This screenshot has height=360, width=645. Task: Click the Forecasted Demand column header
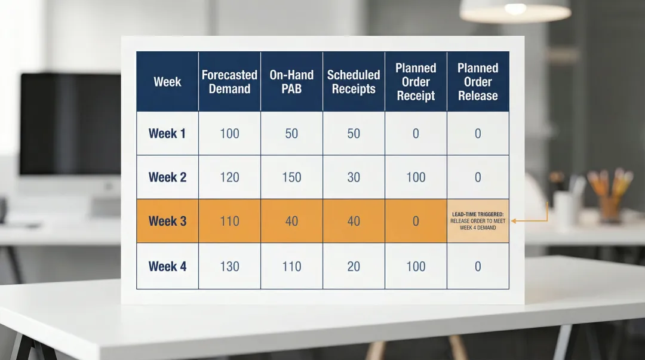229,82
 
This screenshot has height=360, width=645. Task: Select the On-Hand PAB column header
291,82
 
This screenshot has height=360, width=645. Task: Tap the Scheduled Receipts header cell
354,82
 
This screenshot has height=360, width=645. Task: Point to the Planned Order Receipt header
416,82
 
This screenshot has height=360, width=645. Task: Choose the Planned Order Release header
478,82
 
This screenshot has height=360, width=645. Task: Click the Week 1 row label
167,134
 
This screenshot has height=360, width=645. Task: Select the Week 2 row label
167,177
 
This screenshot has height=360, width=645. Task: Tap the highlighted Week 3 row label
167,221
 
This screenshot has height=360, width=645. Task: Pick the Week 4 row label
167,266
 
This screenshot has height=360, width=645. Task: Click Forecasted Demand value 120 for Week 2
229,177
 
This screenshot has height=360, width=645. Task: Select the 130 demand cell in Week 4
229,266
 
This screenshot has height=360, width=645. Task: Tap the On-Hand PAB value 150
291,177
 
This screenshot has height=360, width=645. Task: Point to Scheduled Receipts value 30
354,177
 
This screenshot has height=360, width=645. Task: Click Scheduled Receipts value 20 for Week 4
354,266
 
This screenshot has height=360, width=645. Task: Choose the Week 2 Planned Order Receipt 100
416,177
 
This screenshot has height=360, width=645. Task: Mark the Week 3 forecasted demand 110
229,221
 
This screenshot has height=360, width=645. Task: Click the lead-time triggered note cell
478,221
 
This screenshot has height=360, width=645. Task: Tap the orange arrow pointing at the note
529,220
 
